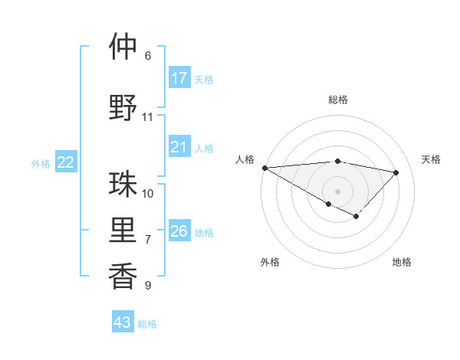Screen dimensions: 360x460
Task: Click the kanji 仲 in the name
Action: [x=123, y=47]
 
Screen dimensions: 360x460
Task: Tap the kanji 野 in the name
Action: [x=123, y=108]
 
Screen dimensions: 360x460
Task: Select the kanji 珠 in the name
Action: [x=123, y=185]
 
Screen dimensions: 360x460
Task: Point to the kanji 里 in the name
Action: [x=123, y=231]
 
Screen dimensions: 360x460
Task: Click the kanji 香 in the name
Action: [x=123, y=277]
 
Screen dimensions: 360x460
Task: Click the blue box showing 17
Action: [x=179, y=78]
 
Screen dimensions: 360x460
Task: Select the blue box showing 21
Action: [x=179, y=147]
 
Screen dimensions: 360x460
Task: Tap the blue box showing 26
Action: [x=179, y=231]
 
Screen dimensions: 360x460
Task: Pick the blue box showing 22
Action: [x=66, y=162]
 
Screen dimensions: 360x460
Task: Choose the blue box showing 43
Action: [x=122, y=322]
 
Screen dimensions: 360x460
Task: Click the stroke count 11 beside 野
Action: [x=148, y=117]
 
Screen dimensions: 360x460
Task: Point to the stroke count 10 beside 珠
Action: [x=148, y=193]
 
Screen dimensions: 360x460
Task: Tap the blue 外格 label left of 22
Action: [x=41, y=163]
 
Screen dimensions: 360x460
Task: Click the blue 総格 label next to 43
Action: [x=147, y=323]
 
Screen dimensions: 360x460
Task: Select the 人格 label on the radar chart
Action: [x=245, y=159]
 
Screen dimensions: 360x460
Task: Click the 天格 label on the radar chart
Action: [x=432, y=159]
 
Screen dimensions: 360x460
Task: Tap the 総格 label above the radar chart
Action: [x=337, y=100]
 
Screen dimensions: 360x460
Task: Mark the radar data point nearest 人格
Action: [x=264, y=168]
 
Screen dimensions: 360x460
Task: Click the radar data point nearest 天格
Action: [x=396, y=172]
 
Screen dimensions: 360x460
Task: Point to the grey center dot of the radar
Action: [x=337, y=191]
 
